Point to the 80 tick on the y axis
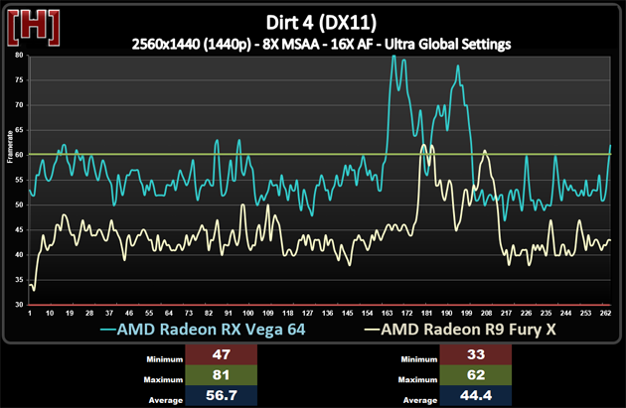click(19, 56)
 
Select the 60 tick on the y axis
click(19, 155)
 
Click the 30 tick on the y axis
click(19, 305)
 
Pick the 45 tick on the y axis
click(19, 229)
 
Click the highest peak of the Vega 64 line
click(393, 57)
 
